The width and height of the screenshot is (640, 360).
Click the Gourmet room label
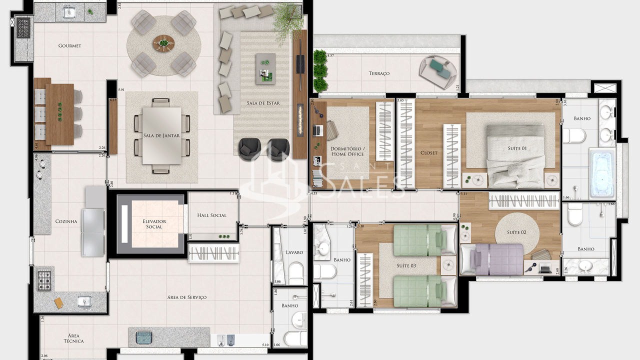[x=69, y=46]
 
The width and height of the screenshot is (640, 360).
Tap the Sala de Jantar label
[x=161, y=135]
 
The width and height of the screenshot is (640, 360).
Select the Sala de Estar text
[x=263, y=103]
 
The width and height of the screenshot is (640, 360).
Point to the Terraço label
[x=379, y=73]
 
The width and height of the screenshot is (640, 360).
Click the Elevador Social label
[x=154, y=224]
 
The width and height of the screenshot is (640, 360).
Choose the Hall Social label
[x=211, y=215]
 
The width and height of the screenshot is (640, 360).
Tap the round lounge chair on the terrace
[x=438, y=71]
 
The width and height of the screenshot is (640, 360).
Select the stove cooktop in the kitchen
[x=44, y=277]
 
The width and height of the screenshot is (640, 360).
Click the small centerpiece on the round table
[x=163, y=43]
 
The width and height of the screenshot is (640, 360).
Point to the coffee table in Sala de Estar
[x=265, y=69]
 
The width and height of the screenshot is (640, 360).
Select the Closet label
[x=428, y=153]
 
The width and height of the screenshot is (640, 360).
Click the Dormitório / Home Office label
[x=348, y=151]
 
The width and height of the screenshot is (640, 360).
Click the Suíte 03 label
[x=406, y=266]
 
